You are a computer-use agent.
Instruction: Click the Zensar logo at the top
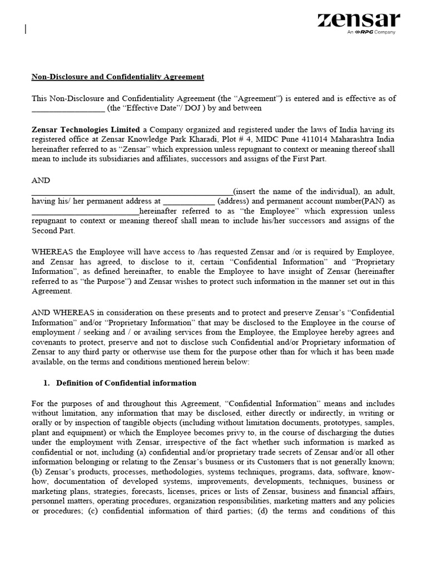point(359,21)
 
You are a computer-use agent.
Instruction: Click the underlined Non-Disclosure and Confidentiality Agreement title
point(118,77)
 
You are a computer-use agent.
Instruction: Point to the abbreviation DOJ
point(193,108)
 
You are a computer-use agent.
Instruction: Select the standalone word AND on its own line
point(41,181)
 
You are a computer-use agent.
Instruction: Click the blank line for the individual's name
point(132,191)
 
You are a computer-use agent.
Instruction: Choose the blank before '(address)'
point(189,201)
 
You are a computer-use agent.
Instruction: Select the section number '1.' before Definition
point(47,383)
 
